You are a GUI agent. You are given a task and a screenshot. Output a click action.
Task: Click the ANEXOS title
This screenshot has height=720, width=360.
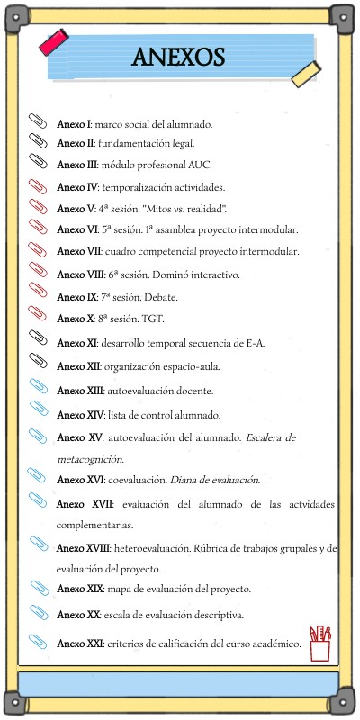click(x=178, y=58)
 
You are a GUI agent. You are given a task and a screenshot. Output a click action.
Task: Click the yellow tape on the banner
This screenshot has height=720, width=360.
click(x=308, y=75)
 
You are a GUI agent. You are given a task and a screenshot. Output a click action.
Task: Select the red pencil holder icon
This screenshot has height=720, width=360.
click(x=320, y=644)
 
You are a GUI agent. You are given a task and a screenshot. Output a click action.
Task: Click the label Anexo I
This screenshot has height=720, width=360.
click(x=74, y=122)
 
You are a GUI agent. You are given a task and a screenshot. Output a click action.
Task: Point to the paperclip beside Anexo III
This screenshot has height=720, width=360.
click(x=39, y=161)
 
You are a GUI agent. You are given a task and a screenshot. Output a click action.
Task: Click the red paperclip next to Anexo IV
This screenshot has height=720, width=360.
click(x=39, y=185)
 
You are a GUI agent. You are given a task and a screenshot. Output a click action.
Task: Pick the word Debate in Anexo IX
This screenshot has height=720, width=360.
click(x=160, y=296)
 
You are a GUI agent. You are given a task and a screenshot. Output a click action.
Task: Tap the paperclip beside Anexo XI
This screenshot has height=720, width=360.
click(x=39, y=339)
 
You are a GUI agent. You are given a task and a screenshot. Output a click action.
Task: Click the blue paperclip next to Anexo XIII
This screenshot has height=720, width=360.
click(x=39, y=388)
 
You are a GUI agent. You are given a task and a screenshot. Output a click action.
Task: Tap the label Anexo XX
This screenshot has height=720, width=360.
click(x=77, y=615)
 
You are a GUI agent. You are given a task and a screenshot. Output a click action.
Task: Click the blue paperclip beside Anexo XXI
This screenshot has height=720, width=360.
click(x=39, y=641)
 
